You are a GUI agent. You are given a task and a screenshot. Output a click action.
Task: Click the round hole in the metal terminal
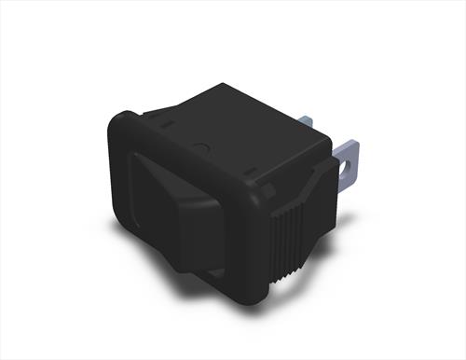pyautogui.click(x=349, y=169)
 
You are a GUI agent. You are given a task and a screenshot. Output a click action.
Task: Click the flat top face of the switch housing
pyautogui.click(x=233, y=131)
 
